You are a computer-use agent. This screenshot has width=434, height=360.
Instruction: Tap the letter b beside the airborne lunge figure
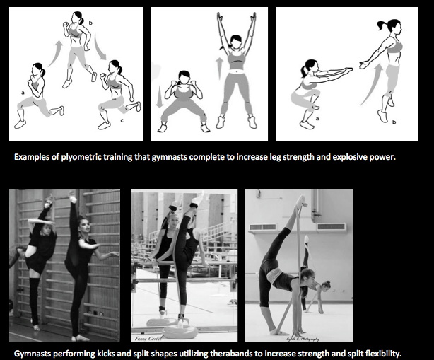coord(90,25)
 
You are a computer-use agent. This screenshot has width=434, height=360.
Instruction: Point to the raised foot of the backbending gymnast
coord(301,203)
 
